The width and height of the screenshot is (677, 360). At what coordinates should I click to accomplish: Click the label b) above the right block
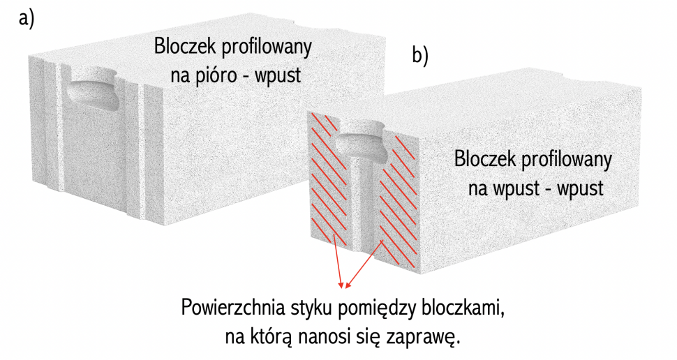click(420, 57)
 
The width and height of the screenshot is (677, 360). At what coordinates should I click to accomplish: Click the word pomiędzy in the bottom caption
click(375, 308)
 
